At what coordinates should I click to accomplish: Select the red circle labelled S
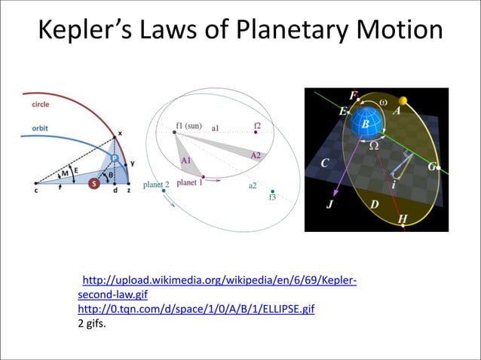click(x=93, y=183)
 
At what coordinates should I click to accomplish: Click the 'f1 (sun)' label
click(x=188, y=125)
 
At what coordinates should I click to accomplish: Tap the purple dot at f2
click(x=256, y=132)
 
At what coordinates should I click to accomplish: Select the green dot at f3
click(x=273, y=191)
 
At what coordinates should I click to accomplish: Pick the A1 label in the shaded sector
click(x=187, y=160)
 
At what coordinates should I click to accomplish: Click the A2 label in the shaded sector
click(x=256, y=155)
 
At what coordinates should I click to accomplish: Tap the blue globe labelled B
click(x=369, y=123)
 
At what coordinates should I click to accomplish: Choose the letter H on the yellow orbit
click(x=403, y=219)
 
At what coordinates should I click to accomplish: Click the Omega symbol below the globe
click(x=372, y=146)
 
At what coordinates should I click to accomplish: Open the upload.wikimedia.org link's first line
click(x=219, y=282)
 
